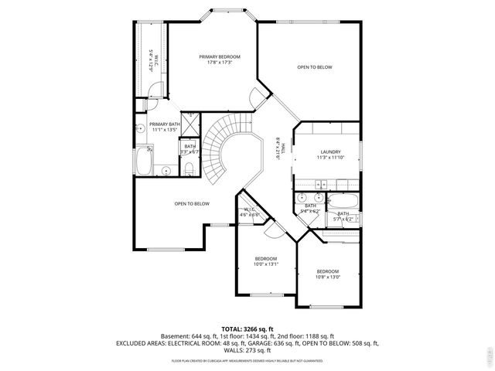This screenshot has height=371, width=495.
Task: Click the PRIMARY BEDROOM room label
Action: tap(219, 56)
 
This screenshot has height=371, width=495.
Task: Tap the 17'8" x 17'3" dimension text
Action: tap(219, 63)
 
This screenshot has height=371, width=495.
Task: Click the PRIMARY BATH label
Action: tap(165, 124)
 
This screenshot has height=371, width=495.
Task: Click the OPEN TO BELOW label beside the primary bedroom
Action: tap(315, 67)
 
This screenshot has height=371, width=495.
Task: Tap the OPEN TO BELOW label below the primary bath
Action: tap(191, 203)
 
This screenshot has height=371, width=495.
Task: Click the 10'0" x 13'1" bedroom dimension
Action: tap(266, 264)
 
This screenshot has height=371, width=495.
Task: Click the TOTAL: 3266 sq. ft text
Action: tap(247, 329)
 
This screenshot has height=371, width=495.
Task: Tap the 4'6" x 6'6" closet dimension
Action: tap(249, 215)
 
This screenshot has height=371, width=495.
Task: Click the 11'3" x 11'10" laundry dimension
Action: tap(329, 158)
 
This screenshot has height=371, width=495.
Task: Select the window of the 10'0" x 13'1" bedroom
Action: tap(265, 295)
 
